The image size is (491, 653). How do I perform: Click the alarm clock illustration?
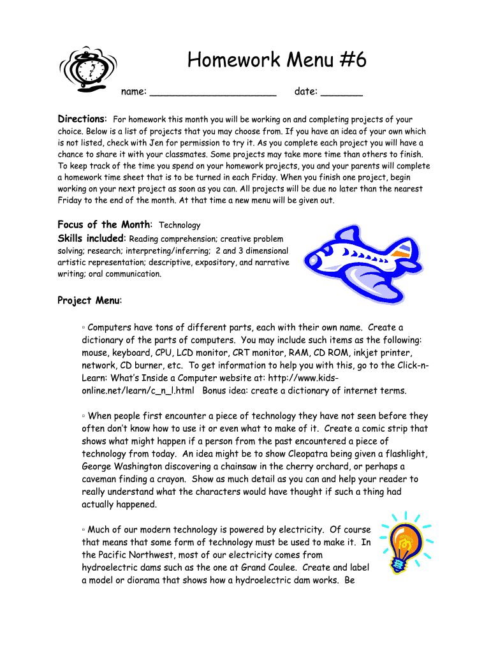89,69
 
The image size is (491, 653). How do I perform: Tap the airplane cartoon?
356,261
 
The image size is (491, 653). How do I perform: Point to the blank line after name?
214,93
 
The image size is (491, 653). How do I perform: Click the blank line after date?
341,93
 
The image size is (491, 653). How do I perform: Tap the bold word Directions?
82,119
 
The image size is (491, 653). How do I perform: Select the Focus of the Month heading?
105,224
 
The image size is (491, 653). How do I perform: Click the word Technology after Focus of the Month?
179,225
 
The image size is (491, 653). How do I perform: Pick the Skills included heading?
91,238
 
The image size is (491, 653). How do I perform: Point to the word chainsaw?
246,467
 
